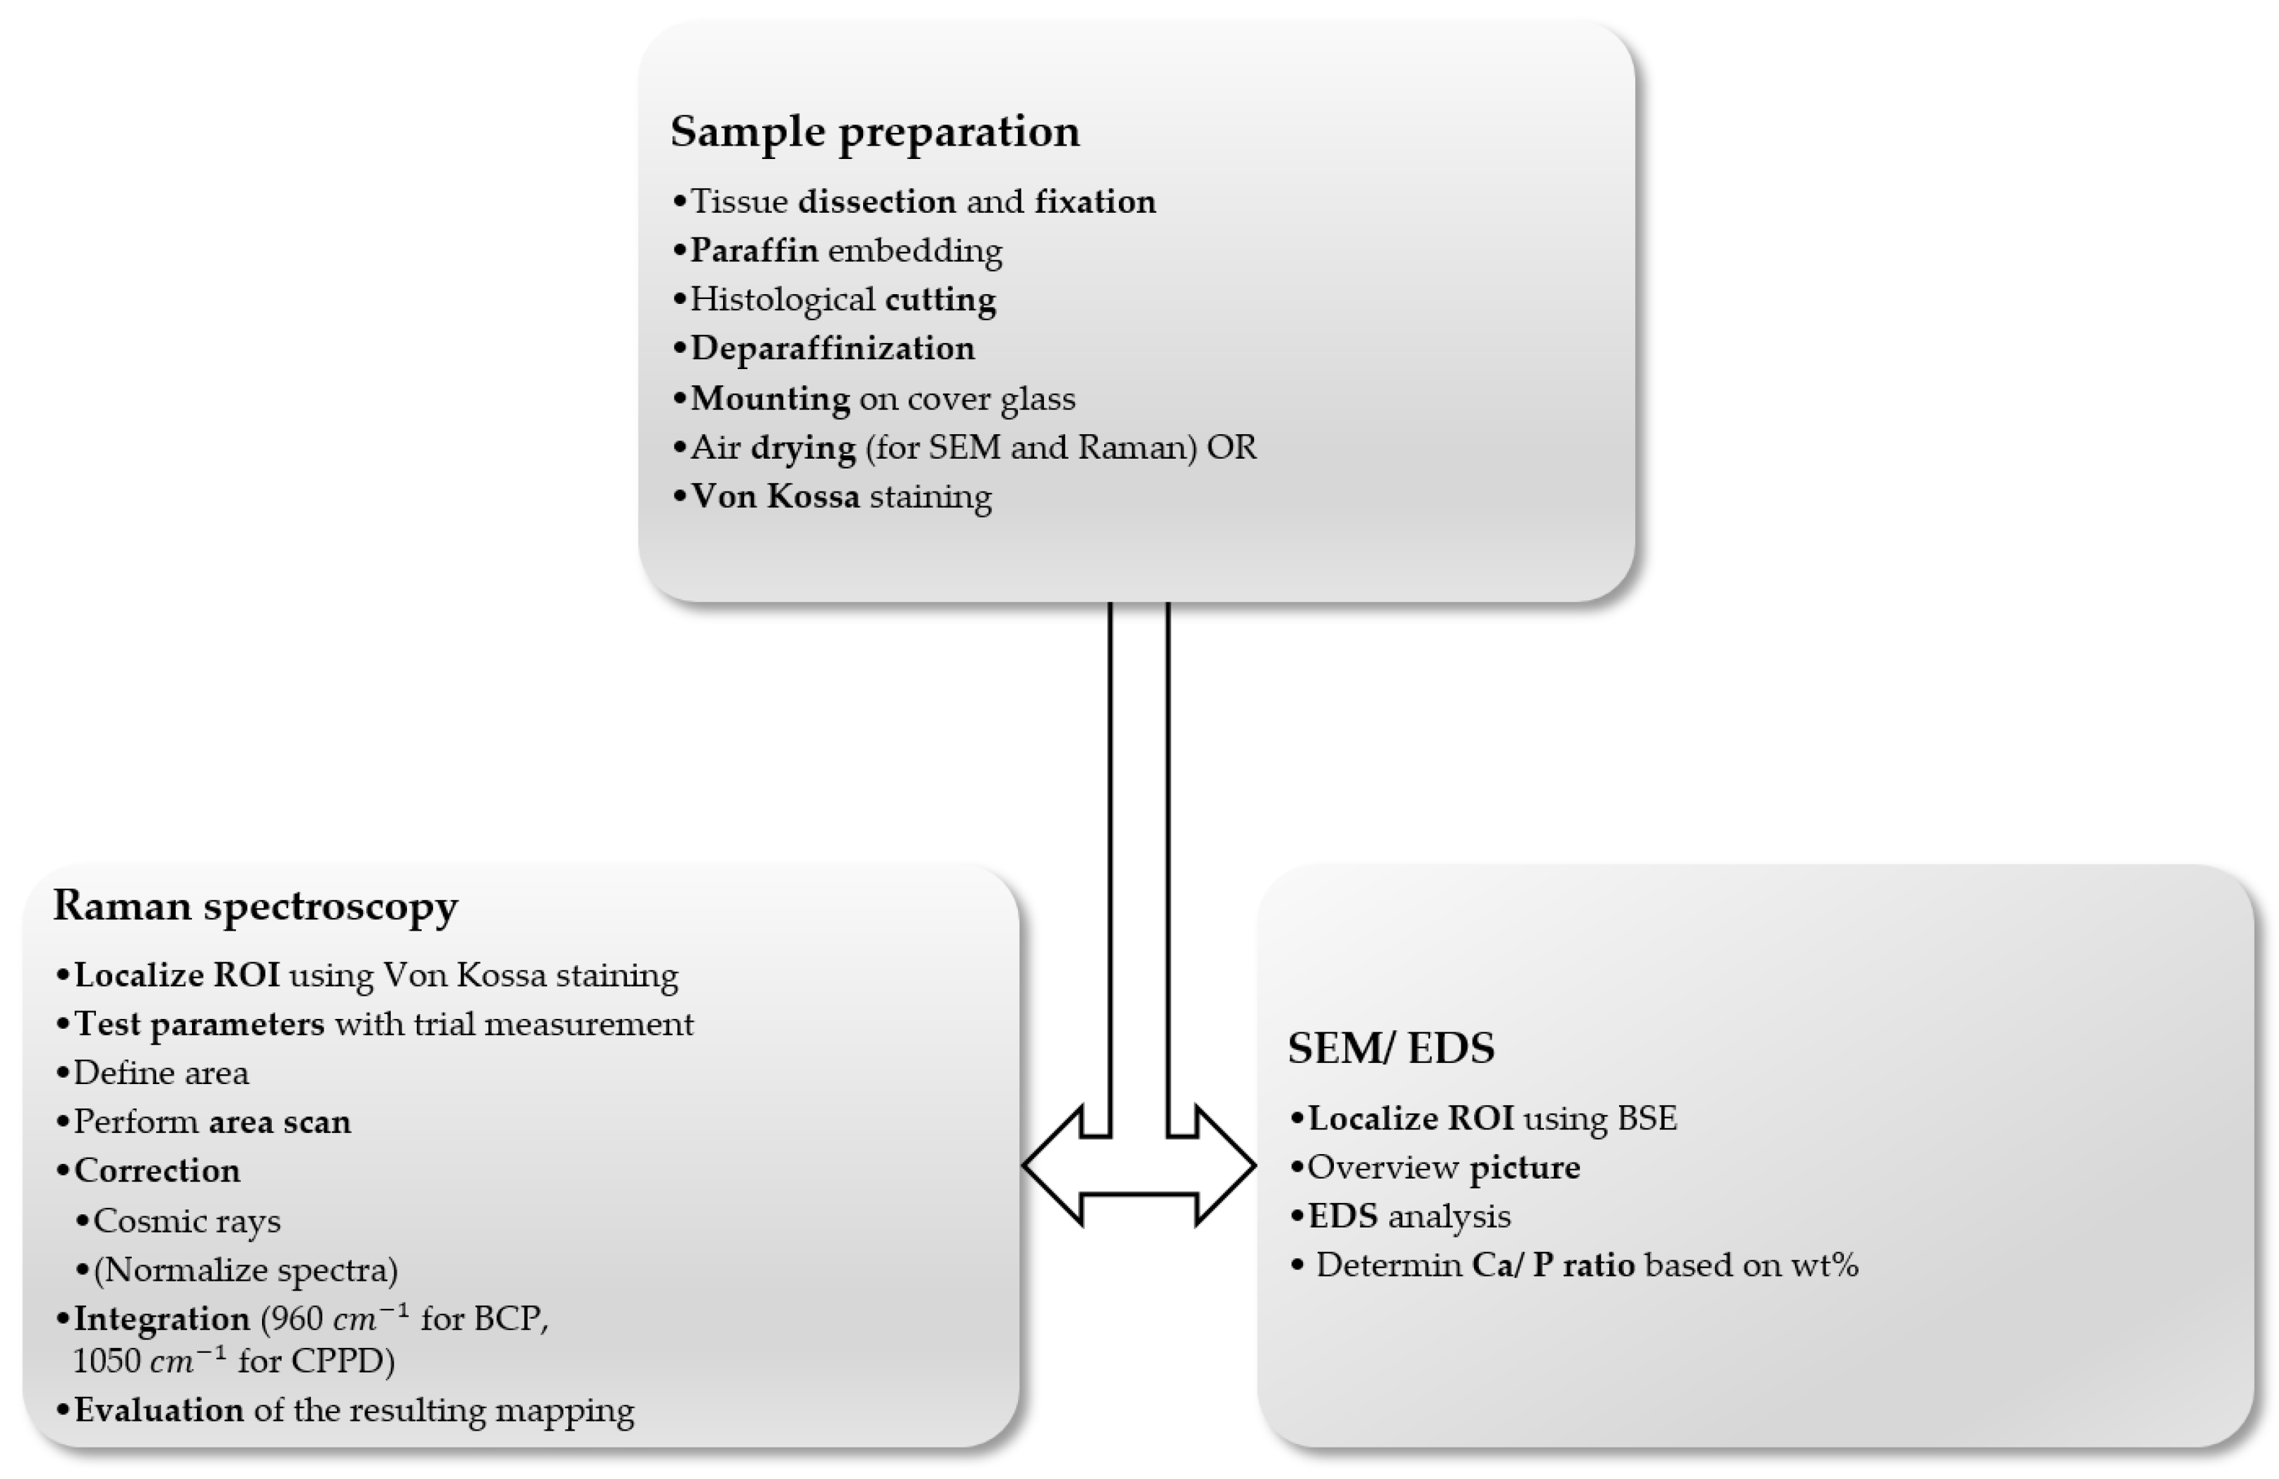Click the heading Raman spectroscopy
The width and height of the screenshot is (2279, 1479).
pyautogui.click(x=256, y=905)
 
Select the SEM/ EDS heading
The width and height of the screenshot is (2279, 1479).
pyautogui.click(x=1391, y=1048)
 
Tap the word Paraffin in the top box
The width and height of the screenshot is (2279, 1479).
pyautogui.click(x=755, y=251)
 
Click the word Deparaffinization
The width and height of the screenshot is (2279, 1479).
pyautogui.click(x=832, y=349)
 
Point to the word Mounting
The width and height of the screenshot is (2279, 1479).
pyautogui.click(x=770, y=398)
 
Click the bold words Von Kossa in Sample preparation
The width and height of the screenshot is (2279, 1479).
pyautogui.click(x=775, y=497)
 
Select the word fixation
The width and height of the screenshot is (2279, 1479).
pyautogui.click(x=1094, y=202)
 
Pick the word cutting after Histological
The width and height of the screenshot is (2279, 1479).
pyautogui.click(x=940, y=300)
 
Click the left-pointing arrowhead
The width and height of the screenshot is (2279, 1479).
pyautogui.click(x=1053, y=1166)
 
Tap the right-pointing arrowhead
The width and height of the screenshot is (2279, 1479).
pyautogui.click(x=1226, y=1166)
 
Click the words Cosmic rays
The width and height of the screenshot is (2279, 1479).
pyautogui.click(x=187, y=1221)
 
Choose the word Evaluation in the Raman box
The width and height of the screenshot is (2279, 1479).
pyautogui.click(x=159, y=1411)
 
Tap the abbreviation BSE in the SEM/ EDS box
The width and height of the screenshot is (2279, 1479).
pyautogui.click(x=1647, y=1119)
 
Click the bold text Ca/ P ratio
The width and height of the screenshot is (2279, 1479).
pyautogui.click(x=1552, y=1265)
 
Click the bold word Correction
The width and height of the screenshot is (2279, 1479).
pyautogui.click(x=157, y=1172)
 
